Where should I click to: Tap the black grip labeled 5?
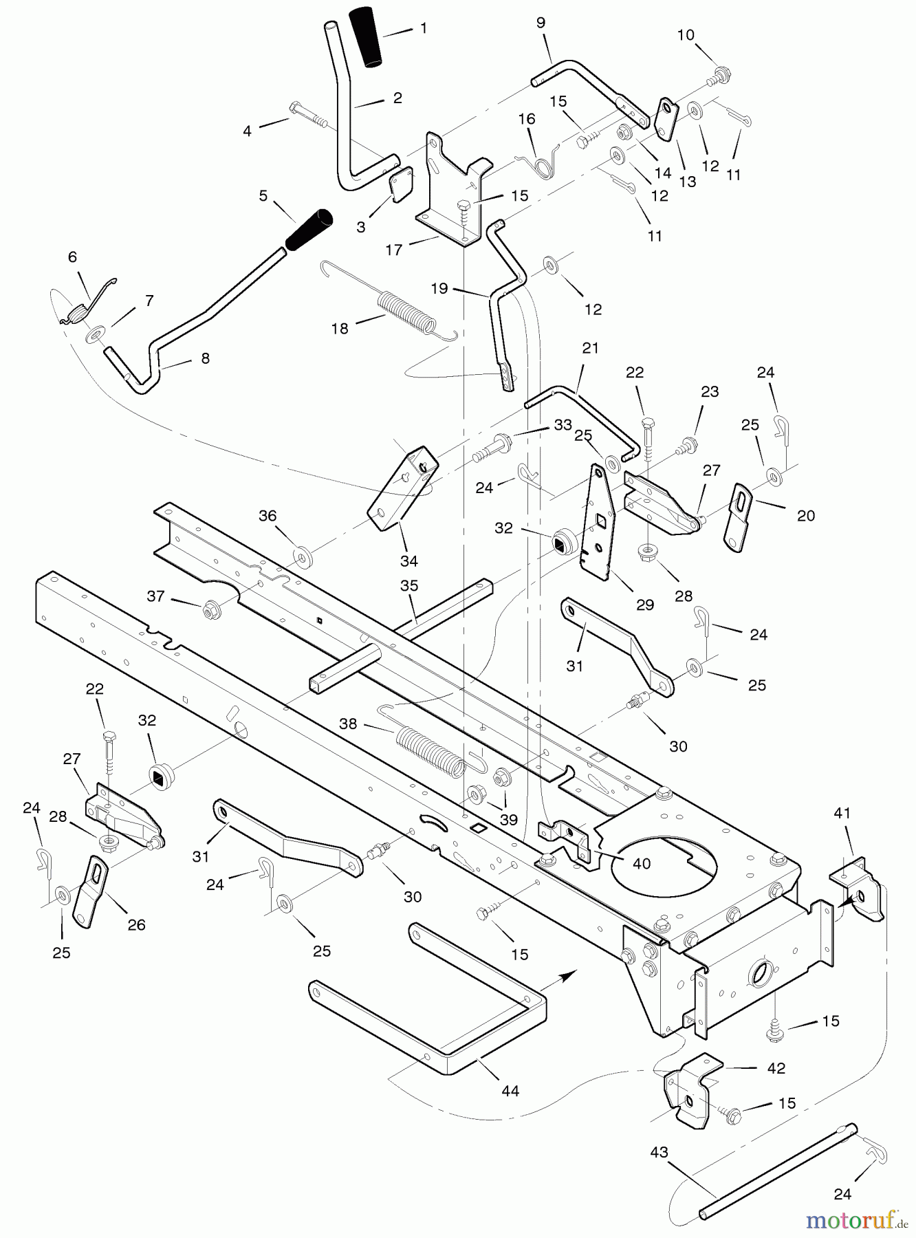coord(309,230)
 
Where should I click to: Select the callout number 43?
coord(659,1151)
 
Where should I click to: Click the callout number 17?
coord(393,250)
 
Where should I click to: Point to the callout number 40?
coord(642,863)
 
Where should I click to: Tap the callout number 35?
coord(409,586)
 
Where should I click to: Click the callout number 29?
coord(644,605)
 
